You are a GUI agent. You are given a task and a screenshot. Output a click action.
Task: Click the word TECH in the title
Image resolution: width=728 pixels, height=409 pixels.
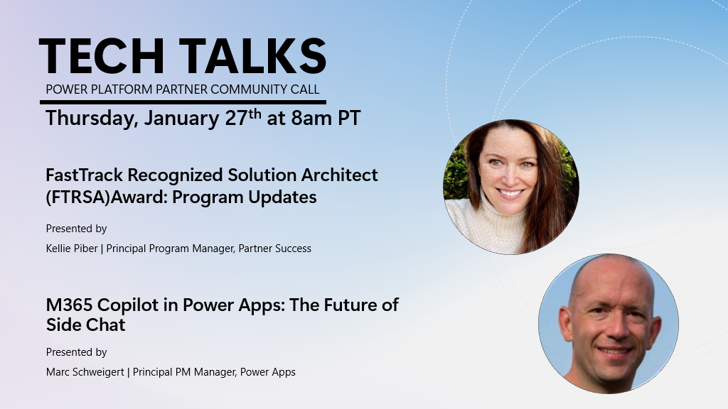pos(102,57)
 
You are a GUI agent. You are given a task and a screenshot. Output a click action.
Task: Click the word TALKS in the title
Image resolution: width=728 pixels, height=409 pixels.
pos(252,57)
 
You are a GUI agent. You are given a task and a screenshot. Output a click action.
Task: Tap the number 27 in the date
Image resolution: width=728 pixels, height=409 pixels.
pos(236,118)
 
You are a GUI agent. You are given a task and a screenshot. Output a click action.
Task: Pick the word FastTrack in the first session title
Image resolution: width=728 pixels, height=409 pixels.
pos(85,175)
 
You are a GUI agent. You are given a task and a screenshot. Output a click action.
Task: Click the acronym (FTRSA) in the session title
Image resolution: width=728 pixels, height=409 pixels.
pos(77,197)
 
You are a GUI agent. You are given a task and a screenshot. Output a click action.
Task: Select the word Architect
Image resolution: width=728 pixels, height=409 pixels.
pos(339,175)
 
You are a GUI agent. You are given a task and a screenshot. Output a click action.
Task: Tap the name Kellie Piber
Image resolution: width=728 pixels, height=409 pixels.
pos(72,249)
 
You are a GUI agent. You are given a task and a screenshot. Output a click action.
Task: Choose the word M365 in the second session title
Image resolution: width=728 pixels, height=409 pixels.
pos(69,305)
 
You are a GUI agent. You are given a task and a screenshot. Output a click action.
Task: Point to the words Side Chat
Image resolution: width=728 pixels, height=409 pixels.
pos(86,325)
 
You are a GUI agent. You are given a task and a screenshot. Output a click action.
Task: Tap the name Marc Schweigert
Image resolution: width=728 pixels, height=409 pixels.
pos(85,372)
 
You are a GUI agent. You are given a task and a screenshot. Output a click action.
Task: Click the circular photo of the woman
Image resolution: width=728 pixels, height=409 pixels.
pos(511,187)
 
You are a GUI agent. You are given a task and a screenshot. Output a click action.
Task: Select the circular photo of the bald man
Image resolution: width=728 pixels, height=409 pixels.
pos(609,324)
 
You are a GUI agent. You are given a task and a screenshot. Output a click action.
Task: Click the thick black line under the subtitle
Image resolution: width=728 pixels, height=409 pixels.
pos(183,102)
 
